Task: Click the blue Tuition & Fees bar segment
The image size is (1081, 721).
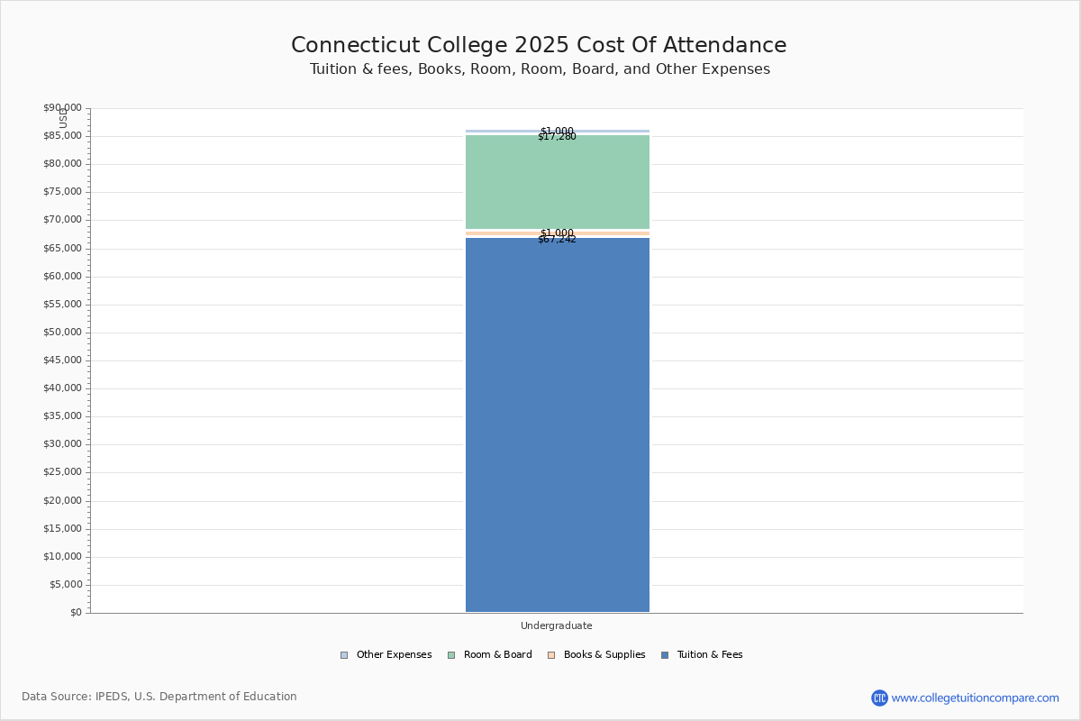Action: [x=557, y=424]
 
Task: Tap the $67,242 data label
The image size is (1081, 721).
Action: [x=557, y=240]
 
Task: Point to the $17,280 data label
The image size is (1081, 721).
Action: [x=557, y=137]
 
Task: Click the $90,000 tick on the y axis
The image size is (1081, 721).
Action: [x=62, y=108]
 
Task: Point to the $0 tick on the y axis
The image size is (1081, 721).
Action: [x=75, y=613]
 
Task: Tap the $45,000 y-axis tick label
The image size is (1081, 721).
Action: [x=62, y=360]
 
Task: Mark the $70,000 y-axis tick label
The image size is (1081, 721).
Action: [x=62, y=220]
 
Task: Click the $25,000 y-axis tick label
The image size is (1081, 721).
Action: [x=62, y=472]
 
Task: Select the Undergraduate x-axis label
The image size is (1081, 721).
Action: [x=557, y=625]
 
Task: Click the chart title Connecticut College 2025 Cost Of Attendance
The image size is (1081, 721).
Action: [x=539, y=45]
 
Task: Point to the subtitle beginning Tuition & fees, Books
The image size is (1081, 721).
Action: [x=540, y=69]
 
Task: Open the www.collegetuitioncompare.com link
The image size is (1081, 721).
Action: [x=975, y=698]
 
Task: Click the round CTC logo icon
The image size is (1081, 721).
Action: [x=879, y=698]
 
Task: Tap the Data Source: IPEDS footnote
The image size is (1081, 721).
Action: [x=159, y=697]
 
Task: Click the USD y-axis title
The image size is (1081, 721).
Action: [x=63, y=118]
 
